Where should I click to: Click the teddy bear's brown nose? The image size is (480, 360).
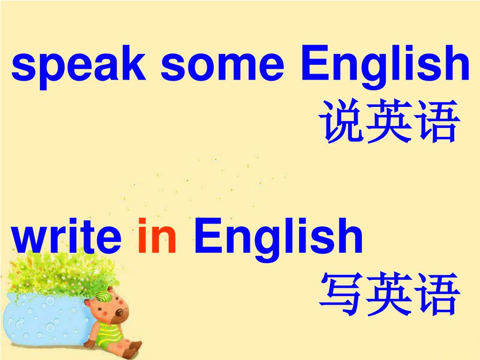point(120,312)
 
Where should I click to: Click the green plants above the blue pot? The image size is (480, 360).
point(52,274)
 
